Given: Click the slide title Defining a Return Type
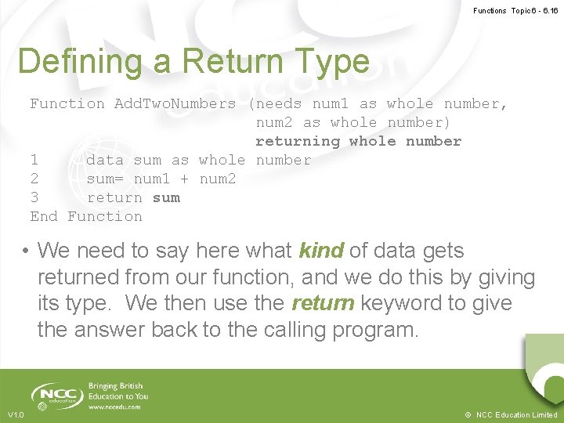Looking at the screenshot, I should coord(193,62).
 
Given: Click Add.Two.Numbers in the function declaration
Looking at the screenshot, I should coord(175,103).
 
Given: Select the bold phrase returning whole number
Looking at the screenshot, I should coord(358,141).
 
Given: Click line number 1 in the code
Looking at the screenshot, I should coord(34,160).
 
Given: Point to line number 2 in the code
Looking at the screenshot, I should coord(34,179).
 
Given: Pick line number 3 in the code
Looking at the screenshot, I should coord(34,197).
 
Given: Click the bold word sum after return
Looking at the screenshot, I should coord(166,197).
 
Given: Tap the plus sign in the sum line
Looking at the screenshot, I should coord(184,179).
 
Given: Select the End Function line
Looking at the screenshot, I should coord(86,216).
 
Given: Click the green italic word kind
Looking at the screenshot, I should coord(321,251).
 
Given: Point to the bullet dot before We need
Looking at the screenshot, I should coord(26,251).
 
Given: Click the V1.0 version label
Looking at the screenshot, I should coord(16,414).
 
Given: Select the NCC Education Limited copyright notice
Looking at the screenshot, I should coord(510,414).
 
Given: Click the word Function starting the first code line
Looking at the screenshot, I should coord(67,103).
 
